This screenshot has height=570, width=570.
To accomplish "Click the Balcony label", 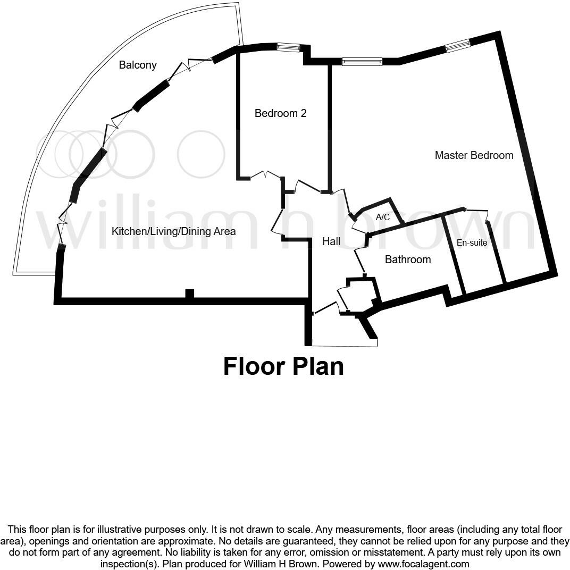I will click(x=138, y=65).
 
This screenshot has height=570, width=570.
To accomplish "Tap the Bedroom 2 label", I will click(x=280, y=113).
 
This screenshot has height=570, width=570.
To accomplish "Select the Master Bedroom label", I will click(x=474, y=155).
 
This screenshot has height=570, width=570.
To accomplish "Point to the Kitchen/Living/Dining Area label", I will click(x=173, y=231).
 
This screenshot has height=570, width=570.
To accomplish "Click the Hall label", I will click(x=331, y=241).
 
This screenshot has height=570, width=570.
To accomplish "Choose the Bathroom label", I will click(x=408, y=259).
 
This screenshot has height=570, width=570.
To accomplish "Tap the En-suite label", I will click(x=472, y=243).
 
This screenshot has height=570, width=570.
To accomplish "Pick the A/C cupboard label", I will click(x=383, y=217).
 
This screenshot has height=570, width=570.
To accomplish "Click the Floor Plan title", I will click(x=283, y=366).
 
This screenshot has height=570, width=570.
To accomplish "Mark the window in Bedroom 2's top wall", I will click(x=289, y=48).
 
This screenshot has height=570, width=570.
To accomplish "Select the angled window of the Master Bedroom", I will click(x=458, y=46).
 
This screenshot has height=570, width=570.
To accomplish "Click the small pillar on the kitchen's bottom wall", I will click(x=189, y=294).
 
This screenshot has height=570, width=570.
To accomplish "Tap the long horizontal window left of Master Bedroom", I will click(x=362, y=62).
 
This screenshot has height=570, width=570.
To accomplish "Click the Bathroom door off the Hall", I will click(x=359, y=261).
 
